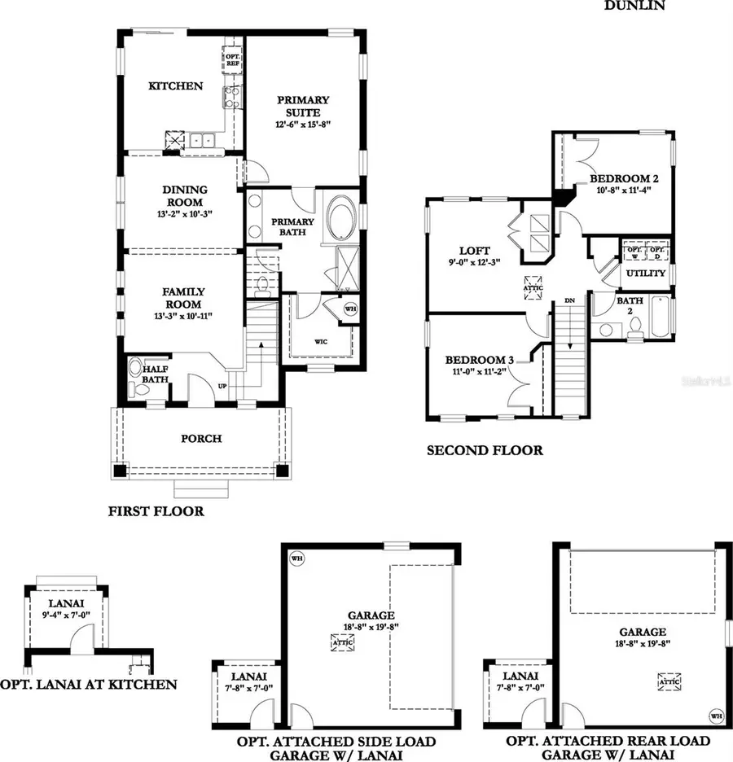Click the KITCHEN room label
tap(175, 86)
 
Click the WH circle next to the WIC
tap(350, 309)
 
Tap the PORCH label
tap(201, 439)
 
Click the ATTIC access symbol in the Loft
tap(533, 287)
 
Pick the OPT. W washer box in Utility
tap(633, 248)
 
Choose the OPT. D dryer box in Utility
tap(657, 248)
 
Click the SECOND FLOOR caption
tap(485, 450)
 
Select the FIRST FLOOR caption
tap(156, 512)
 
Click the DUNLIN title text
tap(634, 6)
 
